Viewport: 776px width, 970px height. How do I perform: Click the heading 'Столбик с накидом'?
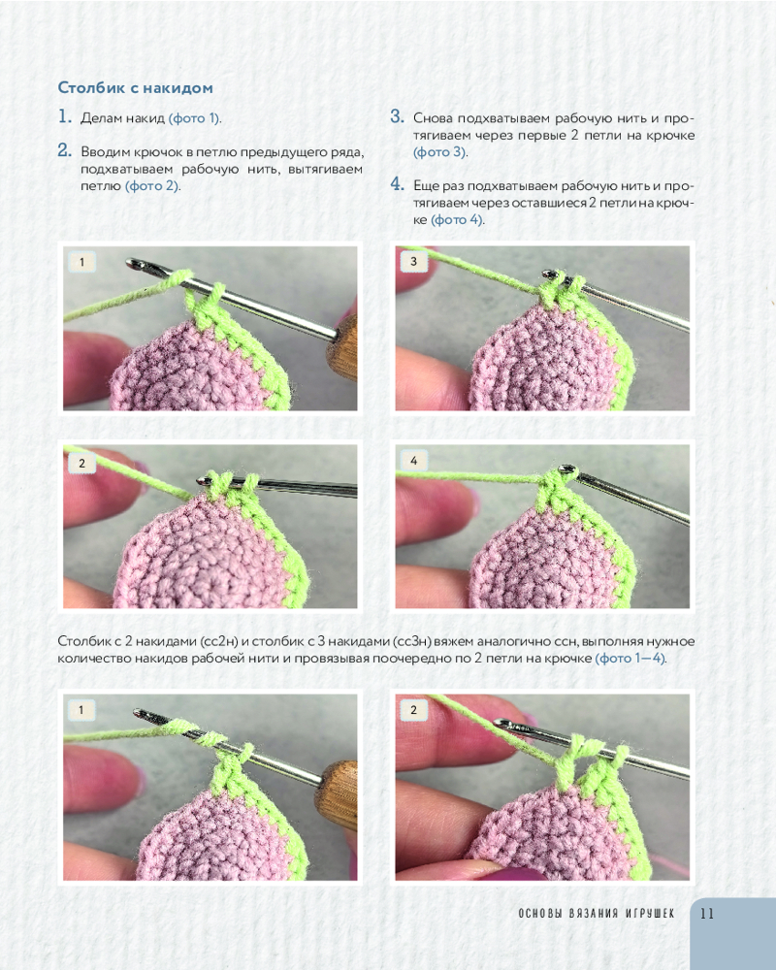(x=136, y=88)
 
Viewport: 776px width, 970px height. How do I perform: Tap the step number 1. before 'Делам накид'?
(x=65, y=116)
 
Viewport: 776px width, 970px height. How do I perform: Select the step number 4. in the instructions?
(x=398, y=183)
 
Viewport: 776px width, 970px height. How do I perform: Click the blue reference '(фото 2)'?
(x=152, y=185)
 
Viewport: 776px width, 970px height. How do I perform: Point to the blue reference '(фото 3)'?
(x=440, y=151)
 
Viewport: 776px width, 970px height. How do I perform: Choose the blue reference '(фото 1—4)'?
(x=630, y=659)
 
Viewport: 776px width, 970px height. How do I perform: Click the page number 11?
(x=707, y=913)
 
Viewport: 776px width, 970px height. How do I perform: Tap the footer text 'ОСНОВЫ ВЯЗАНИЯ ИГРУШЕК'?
(x=597, y=913)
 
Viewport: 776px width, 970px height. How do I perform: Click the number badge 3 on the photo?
(x=413, y=262)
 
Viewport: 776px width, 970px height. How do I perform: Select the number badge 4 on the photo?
(x=413, y=461)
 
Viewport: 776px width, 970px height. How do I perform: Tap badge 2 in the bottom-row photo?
(x=413, y=710)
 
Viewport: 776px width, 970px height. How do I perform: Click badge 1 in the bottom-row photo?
(x=81, y=710)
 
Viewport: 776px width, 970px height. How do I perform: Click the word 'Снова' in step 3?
(x=433, y=118)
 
